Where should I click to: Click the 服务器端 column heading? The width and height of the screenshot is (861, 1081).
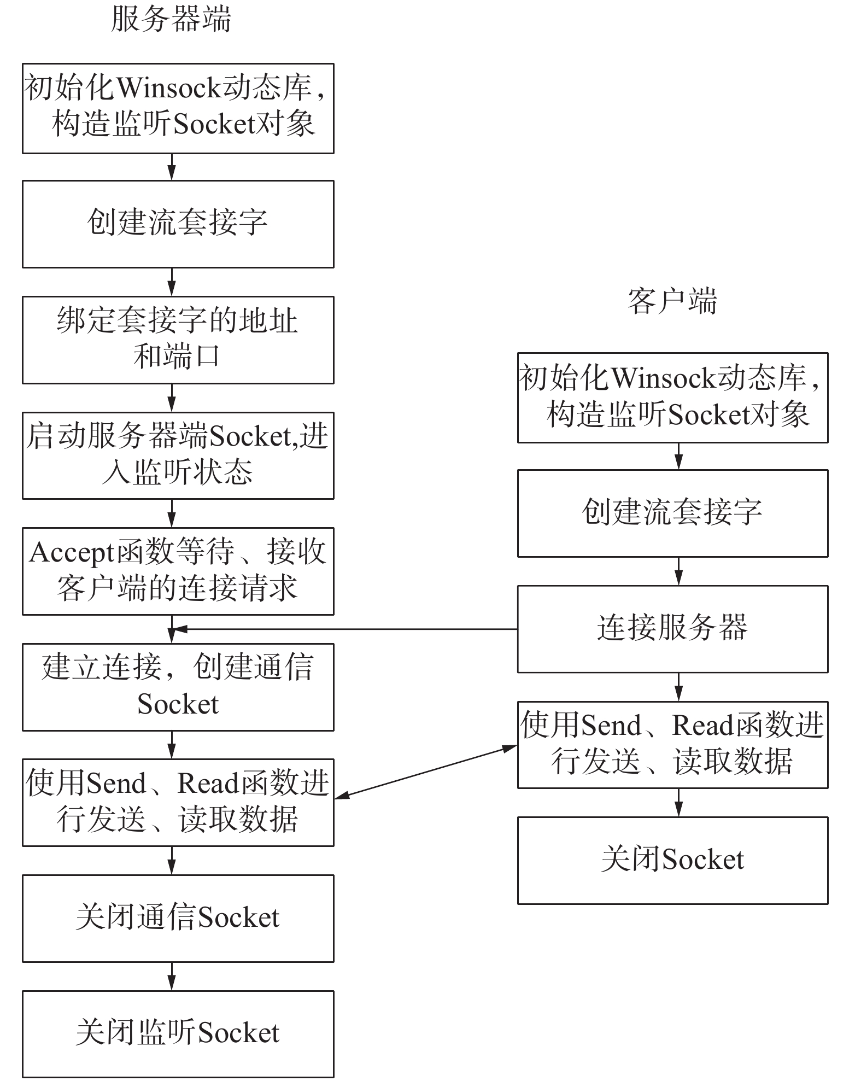coord(171,19)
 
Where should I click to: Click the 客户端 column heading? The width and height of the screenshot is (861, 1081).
coord(672,301)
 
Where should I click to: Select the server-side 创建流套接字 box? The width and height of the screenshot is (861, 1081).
coord(178,224)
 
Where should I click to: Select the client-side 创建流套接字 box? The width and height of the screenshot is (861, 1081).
coord(672,513)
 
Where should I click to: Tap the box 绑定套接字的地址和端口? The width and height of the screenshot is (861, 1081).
coord(178,340)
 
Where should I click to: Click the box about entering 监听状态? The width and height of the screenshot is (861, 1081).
coord(178,455)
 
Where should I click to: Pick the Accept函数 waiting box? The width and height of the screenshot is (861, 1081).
coord(178,571)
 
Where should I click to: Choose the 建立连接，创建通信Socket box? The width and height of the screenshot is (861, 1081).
coord(178,687)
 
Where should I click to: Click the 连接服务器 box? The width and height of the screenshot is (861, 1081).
coord(672,629)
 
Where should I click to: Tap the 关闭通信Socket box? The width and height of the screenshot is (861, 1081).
coord(178,918)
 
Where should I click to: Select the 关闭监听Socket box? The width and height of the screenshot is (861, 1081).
coord(178,1033)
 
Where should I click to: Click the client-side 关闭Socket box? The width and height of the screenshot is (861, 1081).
coord(672,860)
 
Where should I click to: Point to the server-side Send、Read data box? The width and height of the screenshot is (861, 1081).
coord(178,802)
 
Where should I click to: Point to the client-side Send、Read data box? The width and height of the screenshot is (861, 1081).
coord(672,744)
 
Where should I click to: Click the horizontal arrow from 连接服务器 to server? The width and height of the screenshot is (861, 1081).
coord(344,629)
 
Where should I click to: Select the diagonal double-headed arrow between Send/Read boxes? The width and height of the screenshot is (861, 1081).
coord(425,772)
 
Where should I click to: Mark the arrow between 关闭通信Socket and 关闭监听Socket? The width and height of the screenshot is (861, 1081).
coord(172,976)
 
